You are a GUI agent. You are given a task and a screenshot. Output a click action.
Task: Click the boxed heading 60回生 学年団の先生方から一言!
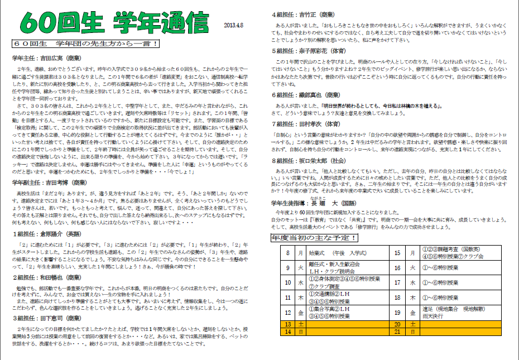pyautogui.click(x=85, y=43)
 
